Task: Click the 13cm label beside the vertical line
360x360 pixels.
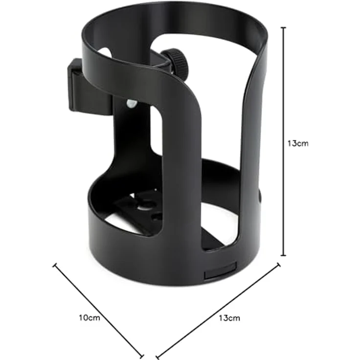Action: [298, 143]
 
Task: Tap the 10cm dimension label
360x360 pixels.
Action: [90, 318]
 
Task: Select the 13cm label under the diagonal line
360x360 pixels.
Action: [229, 318]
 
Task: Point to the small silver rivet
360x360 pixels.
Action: [132, 104]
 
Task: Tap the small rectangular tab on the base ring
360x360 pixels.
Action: [220, 271]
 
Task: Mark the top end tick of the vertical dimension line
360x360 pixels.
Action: [284, 27]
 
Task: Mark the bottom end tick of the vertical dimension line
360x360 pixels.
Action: [284, 255]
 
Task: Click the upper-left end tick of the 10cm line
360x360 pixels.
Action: [55, 265]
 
